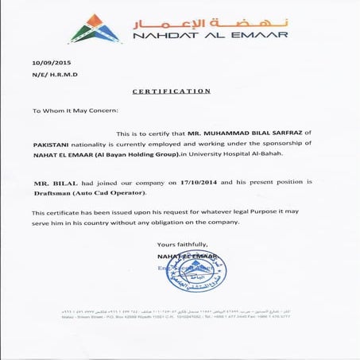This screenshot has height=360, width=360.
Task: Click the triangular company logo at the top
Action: click(95, 27)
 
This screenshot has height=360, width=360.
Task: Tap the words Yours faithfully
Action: click(183, 243)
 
